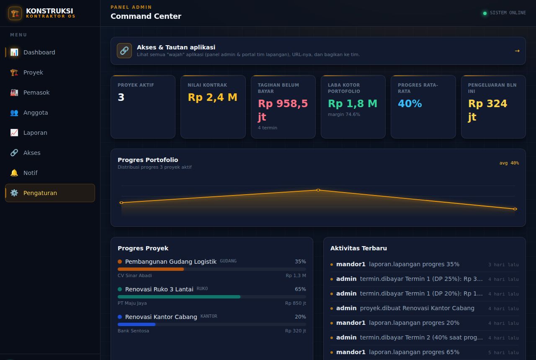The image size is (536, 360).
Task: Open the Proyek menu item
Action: pyautogui.click(x=33, y=72)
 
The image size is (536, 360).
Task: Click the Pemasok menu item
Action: pyautogui.click(x=36, y=93)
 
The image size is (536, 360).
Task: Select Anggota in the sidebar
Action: pyautogui.click(x=36, y=113)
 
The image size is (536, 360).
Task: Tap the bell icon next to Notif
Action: pyautogui.click(x=14, y=173)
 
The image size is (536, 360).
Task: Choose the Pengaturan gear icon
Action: pyautogui.click(x=14, y=193)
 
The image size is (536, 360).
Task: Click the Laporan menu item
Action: pyautogui.click(x=35, y=133)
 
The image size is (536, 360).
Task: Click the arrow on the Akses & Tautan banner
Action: pyautogui.click(x=517, y=51)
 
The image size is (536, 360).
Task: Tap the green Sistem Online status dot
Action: pyautogui.click(x=485, y=13)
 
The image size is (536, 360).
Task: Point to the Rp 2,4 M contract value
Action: pyautogui.click(x=212, y=97)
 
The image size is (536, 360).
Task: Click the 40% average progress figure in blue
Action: pyautogui.click(x=410, y=103)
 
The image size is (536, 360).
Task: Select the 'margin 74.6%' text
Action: pyautogui.click(x=344, y=114)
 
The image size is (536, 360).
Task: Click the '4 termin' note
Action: pyautogui.click(x=267, y=128)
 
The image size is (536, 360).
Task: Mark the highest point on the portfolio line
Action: pyautogui.click(x=318, y=190)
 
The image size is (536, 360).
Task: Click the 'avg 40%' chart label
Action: pyautogui.click(x=509, y=163)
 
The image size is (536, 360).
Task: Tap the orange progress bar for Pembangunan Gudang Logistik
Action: pyautogui.click(x=151, y=269)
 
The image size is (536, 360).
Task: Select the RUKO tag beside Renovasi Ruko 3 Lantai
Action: pyautogui.click(x=202, y=288)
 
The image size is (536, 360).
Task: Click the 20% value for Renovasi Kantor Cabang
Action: pyautogui.click(x=300, y=317)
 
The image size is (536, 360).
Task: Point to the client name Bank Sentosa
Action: pyautogui.click(x=133, y=331)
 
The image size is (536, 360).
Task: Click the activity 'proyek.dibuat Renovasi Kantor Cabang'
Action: pyautogui.click(x=417, y=308)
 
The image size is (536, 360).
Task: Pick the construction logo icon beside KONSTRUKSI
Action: pyautogui.click(x=15, y=13)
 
